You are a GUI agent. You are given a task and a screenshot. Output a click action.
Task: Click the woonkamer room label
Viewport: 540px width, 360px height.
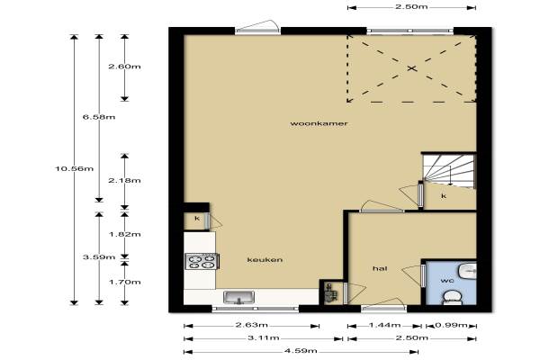pyautogui.click(x=319, y=123)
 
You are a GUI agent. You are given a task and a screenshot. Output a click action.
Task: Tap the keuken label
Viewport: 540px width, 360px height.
pyautogui.click(x=265, y=259)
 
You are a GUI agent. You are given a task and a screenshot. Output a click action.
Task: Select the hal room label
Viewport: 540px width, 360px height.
pyautogui.click(x=380, y=268)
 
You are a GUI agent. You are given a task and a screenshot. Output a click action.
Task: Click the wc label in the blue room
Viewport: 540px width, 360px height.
pyautogui.click(x=447, y=281)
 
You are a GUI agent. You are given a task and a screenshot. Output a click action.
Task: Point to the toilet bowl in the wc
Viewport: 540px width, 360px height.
pyautogui.click(x=452, y=298)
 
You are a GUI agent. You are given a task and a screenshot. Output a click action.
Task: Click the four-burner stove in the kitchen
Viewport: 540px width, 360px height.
pyautogui.click(x=202, y=261)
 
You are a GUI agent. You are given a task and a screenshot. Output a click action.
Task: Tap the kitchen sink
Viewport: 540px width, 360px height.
pyautogui.click(x=239, y=297)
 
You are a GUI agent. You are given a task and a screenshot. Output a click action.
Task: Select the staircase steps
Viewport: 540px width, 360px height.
pyautogui.click(x=449, y=171)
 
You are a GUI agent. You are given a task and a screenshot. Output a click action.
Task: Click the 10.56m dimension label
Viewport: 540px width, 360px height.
pyautogui.click(x=75, y=168)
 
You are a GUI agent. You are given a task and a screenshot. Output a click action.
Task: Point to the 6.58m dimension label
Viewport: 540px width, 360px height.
pyautogui.click(x=99, y=117)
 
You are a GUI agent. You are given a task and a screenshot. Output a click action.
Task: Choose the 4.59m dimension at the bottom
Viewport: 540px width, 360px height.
pyautogui.click(x=301, y=351)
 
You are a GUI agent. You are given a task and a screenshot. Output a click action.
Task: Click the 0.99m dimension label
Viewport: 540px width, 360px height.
pyautogui.click(x=451, y=325)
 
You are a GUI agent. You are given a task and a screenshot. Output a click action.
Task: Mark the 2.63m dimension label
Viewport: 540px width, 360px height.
pyautogui.click(x=251, y=325)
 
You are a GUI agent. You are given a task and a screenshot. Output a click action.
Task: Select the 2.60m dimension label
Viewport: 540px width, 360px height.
pyautogui.click(x=125, y=67)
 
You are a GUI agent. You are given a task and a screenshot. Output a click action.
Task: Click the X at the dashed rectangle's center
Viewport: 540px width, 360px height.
pyautogui.click(x=412, y=68)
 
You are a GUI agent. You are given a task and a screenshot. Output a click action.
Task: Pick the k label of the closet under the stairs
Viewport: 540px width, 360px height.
pyautogui.click(x=444, y=196)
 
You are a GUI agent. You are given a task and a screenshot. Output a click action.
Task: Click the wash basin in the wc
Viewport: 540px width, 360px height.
pyautogui.click(x=467, y=271)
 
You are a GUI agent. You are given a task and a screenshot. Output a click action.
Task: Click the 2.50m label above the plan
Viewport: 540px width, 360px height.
pyautogui.click(x=411, y=6)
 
